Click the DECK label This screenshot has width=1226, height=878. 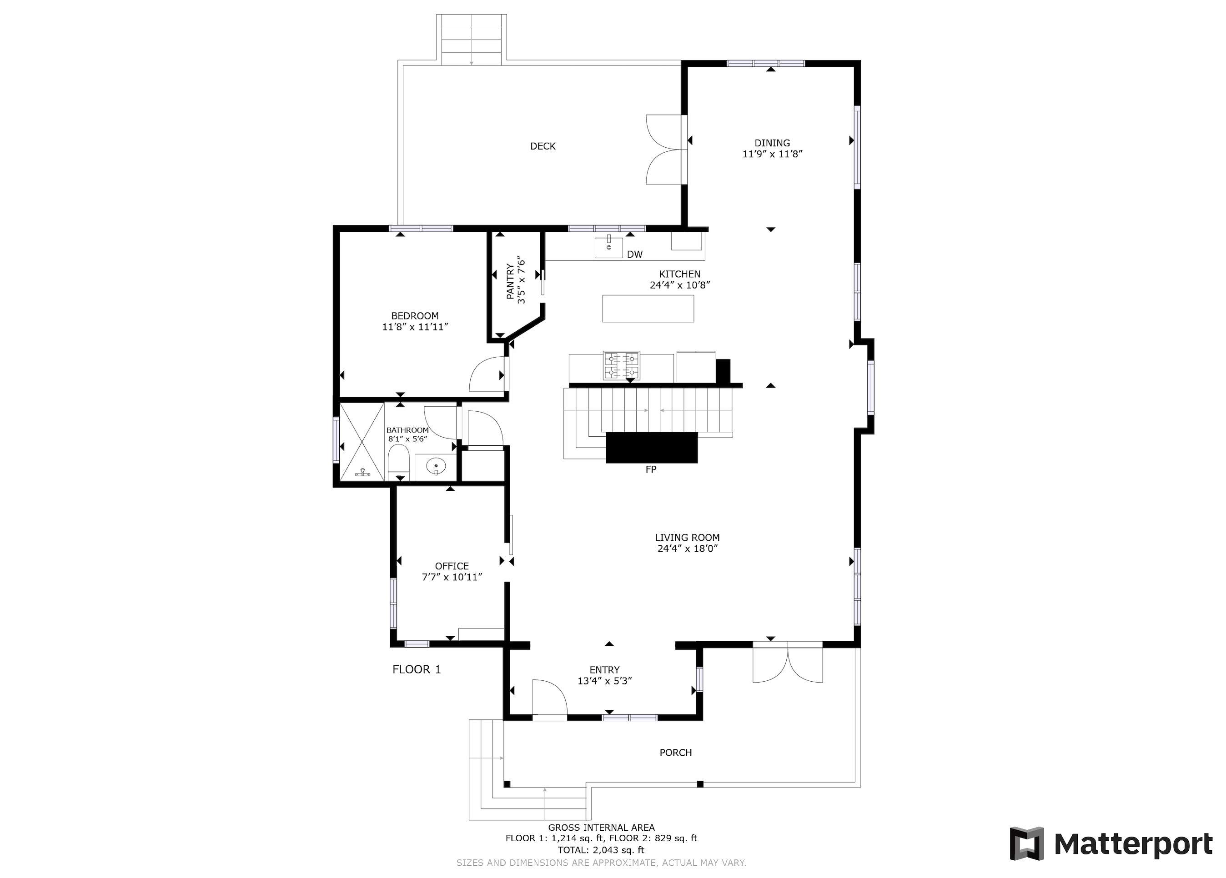542,146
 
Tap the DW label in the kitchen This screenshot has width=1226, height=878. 635,254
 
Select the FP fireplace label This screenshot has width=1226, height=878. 650,469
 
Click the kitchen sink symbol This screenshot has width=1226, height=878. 608,248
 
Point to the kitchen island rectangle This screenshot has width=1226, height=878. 648,309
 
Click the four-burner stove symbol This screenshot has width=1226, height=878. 621,366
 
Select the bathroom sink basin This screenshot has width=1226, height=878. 436,466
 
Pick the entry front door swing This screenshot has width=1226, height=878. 549,698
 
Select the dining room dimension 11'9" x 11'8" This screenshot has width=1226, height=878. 772,154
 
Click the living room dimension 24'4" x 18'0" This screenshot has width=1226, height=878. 687,549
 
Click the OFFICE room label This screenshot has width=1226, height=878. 452,566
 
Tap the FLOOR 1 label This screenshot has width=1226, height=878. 416,669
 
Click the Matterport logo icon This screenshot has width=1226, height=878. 1026,843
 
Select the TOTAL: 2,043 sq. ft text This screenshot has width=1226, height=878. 601,850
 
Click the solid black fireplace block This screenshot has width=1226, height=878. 651,447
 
